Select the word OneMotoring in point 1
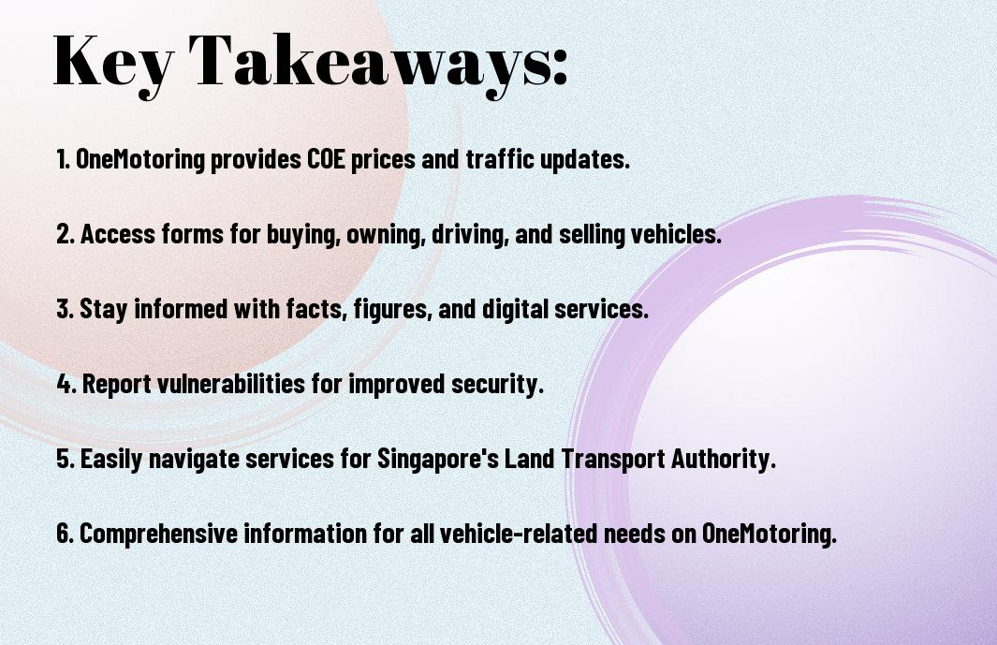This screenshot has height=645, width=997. (x=140, y=159)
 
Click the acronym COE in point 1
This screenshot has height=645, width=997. (x=331, y=159)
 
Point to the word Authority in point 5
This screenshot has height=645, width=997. (x=726, y=459)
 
